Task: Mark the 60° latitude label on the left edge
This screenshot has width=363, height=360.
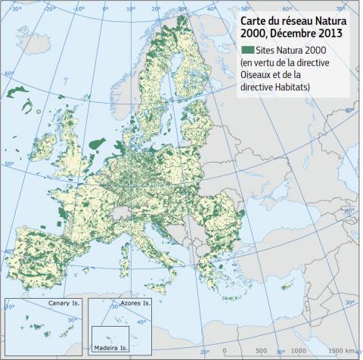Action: tap(9, 73)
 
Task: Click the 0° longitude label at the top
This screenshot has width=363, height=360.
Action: tap(105, 10)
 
